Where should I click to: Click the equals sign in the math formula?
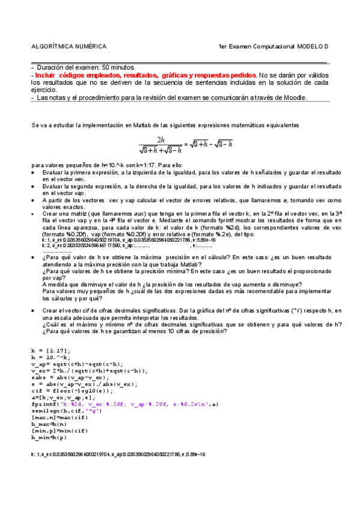pos(186,144)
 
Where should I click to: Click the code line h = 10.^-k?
pos(50,357)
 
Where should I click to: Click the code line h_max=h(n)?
pos(47,424)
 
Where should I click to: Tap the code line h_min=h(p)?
pos(47,437)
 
